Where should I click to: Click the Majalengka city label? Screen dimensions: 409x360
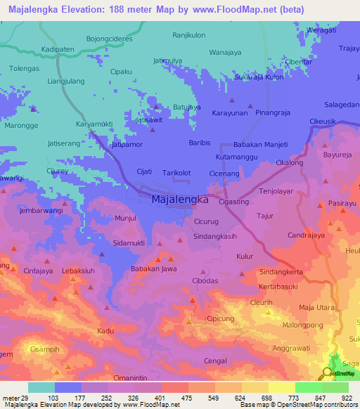[180, 200]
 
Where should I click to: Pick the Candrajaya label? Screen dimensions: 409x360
[306, 235]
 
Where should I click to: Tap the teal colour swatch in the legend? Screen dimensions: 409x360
[41, 387]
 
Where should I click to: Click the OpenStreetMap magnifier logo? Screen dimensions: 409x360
[328, 374]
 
